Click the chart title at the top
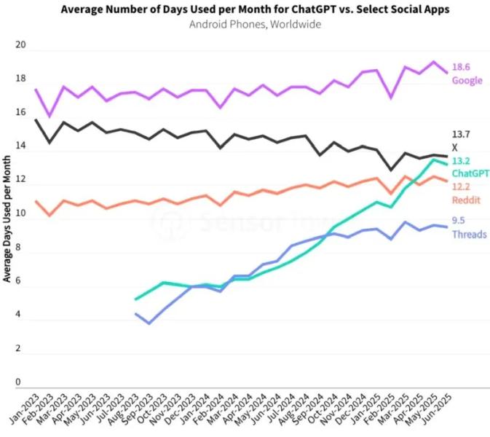pos(245,9)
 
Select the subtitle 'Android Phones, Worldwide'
pos(245,24)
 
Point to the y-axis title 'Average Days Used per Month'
pos(7,219)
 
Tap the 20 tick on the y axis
pos(20,46)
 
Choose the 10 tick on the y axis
pos(20,214)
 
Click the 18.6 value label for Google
pos(460,66)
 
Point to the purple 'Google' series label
pos(467,79)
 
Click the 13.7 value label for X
pos(460,135)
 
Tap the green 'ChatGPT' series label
pos(470,173)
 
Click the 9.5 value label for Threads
pos(459,221)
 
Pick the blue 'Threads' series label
pos(469,234)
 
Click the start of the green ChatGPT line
pos(135,299)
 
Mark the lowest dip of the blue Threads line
pos(149,323)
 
